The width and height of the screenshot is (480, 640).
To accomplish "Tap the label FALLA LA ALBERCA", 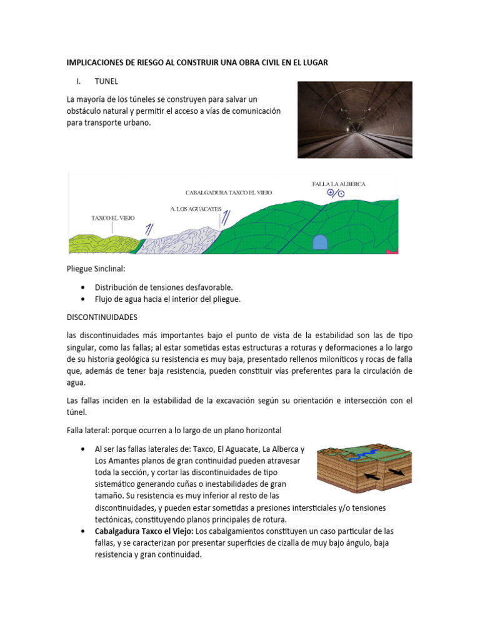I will (x=339, y=184).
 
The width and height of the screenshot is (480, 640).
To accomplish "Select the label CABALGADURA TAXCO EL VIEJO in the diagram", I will (x=229, y=193).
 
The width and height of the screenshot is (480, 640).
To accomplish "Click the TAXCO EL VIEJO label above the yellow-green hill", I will (x=113, y=218).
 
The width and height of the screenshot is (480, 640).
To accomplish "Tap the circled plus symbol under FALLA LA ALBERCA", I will (x=331, y=193).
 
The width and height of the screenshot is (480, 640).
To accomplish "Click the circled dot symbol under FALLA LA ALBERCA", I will (x=341, y=194).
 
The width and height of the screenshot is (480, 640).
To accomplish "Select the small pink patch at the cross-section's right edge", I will (x=393, y=251).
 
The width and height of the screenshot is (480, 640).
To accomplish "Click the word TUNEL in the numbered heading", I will (x=106, y=81).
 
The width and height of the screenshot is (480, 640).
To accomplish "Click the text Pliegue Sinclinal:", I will (x=96, y=269).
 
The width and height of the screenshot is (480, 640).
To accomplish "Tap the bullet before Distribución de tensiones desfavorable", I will (x=83, y=287).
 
